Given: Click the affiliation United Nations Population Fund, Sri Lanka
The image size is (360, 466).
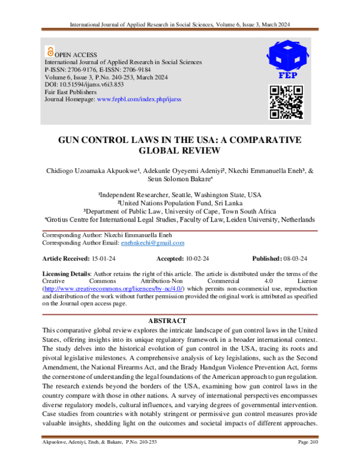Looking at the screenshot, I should (180, 203).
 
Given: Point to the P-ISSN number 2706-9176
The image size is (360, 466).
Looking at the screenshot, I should (88, 70).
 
